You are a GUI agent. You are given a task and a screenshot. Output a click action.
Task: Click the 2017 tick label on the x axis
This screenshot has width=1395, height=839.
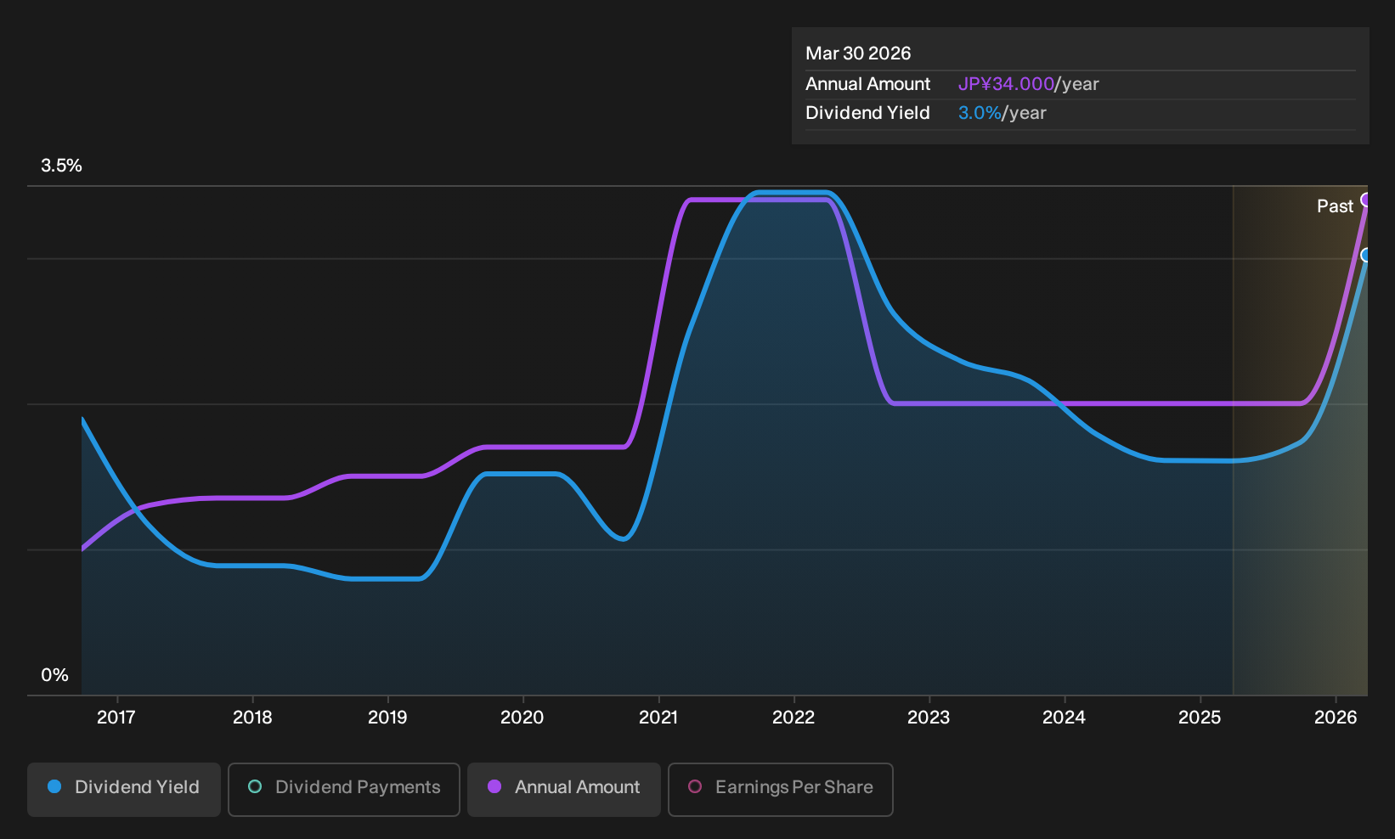click(x=116, y=717)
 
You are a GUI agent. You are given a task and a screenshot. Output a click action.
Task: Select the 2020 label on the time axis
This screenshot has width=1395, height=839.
click(x=522, y=717)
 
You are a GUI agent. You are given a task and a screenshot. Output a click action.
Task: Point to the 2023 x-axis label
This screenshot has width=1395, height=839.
click(x=929, y=717)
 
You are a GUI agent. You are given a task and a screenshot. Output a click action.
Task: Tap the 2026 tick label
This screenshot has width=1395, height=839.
click(x=1336, y=717)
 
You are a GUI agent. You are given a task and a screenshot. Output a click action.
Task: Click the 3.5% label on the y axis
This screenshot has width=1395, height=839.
click(x=62, y=166)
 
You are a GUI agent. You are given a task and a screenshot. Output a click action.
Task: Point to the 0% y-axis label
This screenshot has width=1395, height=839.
click(x=55, y=675)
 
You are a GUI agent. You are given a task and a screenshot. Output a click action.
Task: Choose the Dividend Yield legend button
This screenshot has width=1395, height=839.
click(x=124, y=789)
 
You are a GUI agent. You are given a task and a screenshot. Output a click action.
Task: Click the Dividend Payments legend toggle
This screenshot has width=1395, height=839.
click(x=344, y=789)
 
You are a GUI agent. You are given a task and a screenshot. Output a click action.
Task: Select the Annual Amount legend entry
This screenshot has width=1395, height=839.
click(x=563, y=789)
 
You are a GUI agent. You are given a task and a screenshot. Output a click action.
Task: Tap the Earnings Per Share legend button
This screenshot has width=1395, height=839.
click(x=780, y=789)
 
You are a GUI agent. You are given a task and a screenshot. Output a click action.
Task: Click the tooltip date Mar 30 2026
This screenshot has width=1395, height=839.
click(x=858, y=53)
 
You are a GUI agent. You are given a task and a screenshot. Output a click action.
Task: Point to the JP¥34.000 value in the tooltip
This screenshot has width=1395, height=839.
click(x=1006, y=84)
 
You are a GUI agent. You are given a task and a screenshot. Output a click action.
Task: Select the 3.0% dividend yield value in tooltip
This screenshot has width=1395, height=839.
click(x=980, y=113)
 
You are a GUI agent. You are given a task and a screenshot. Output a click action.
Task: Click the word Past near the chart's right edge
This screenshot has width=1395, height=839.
click(x=1335, y=206)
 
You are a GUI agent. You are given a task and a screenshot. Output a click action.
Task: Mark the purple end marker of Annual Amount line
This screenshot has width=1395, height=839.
click(x=1366, y=200)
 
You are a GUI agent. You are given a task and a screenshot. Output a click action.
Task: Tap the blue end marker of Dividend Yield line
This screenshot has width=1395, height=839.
click(x=1366, y=255)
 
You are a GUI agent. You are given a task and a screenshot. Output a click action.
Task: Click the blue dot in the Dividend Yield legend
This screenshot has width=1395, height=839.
click(x=55, y=786)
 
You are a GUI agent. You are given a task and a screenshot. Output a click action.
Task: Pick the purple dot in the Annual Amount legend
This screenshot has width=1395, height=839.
click(x=494, y=786)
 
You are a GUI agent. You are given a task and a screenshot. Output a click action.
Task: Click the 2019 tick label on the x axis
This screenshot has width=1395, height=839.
click(x=387, y=717)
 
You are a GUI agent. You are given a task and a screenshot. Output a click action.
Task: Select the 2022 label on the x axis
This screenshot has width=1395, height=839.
click(x=794, y=717)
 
